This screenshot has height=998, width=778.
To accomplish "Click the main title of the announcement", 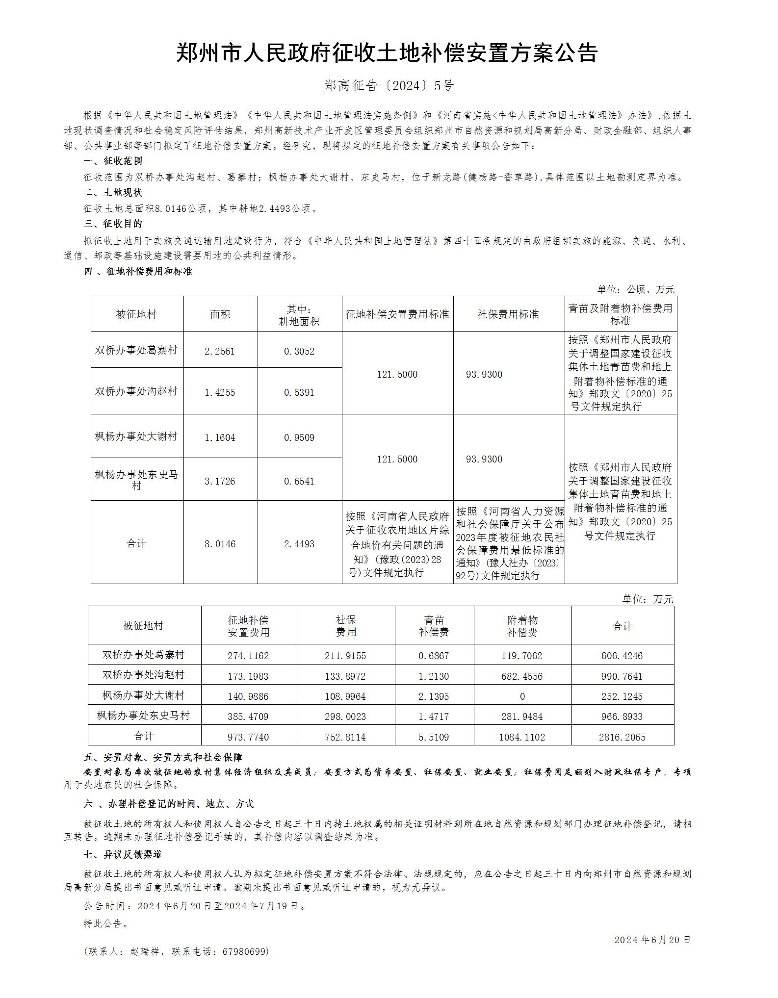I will [x=387, y=53].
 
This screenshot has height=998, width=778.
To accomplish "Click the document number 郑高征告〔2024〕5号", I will [x=389, y=86].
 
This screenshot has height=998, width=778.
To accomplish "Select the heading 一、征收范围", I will [x=113, y=161].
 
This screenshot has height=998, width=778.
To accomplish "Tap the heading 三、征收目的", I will [x=113, y=224].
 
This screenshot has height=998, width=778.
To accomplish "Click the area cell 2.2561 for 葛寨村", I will [x=220, y=351].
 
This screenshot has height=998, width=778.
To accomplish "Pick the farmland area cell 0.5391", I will [x=299, y=392].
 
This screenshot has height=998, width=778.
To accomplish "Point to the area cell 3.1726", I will [x=220, y=481].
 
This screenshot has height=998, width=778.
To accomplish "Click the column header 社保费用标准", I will [x=508, y=314].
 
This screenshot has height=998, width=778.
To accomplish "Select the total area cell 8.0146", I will [x=220, y=544].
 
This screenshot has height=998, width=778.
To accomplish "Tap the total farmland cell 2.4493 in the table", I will [x=299, y=544].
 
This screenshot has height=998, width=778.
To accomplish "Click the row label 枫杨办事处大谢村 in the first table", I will [x=136, y=436].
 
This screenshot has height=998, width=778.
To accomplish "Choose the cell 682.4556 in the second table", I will [x=522, y=676].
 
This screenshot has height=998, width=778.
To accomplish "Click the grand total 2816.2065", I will [x=622, y=737].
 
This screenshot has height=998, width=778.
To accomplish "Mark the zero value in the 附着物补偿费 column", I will [x=522, y=696].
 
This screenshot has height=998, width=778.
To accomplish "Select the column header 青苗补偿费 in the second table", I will [x=434, y=626].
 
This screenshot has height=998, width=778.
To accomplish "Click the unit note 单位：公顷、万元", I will [x=635, y=289].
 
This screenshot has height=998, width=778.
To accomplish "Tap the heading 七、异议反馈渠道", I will [x=123, y=854].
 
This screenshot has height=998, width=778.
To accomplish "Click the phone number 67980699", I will [x=245, y=952].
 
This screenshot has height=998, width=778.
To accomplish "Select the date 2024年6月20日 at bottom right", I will [x=652, y=940].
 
